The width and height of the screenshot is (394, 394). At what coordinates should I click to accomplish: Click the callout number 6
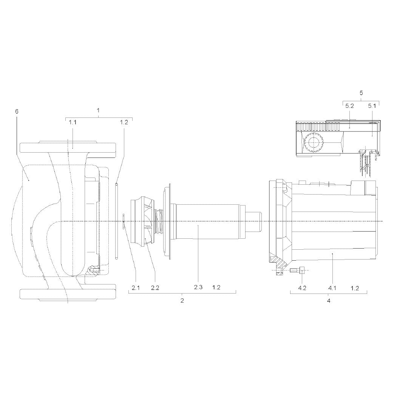tap(17, 111)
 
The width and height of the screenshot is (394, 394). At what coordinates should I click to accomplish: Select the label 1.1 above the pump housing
tap(73, 122)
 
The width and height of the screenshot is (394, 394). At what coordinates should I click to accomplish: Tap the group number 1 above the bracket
tap(98, 110)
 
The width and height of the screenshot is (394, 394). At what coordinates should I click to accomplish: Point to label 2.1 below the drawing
tap(136, 288)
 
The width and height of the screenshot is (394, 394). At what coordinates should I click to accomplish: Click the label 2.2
tap(155, 288)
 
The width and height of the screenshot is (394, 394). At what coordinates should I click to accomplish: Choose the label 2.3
tap(198, 287)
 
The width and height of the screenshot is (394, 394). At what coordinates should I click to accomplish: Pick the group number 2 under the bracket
tap(182, 300)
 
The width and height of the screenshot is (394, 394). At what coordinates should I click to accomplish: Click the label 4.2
tap(302, 288)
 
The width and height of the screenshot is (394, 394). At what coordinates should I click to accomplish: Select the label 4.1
tap(332, 288)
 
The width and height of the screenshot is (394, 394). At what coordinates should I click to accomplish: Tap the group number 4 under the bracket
tap(329, 300)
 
